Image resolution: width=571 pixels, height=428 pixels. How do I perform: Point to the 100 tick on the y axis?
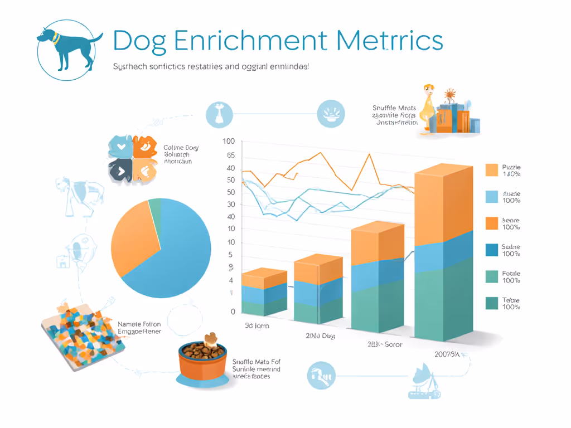pyautogui.click(x=229, y=142)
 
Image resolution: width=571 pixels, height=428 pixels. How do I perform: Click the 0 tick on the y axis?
pyautogui.click(x=233, y=312)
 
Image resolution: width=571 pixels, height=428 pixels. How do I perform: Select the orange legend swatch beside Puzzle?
pyautogui.click(x=491, y=170)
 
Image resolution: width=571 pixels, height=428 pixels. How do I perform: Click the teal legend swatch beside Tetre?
pyautogui.click(x=491, y=303)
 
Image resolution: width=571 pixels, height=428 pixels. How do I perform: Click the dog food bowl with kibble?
pyautogui.click(x=203, y=359)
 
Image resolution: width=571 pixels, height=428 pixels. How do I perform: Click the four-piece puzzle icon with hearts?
pyautogui.click(x=132, y=158)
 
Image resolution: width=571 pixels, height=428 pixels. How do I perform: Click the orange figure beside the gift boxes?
pyautogui.click(x=428, y=109)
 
